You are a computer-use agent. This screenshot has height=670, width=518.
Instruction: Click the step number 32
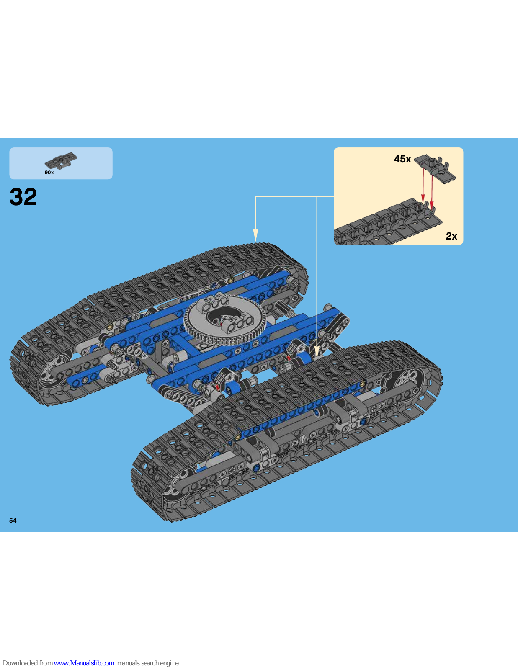pyautogui.click(x=23, y=197)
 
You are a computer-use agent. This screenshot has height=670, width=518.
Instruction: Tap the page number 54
pyautogui.click(x=13, y=521)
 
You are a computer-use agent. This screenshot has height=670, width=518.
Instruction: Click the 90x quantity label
pyautogui.click(x=49, y=173)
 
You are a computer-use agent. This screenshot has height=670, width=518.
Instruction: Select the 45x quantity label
pyautogui.click(x=402, y=159)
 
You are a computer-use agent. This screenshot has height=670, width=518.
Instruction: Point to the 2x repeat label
pyautogui.click(x=451, y=236)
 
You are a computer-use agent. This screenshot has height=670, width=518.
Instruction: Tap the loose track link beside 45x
pyautogui.click(x=435, y=169)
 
